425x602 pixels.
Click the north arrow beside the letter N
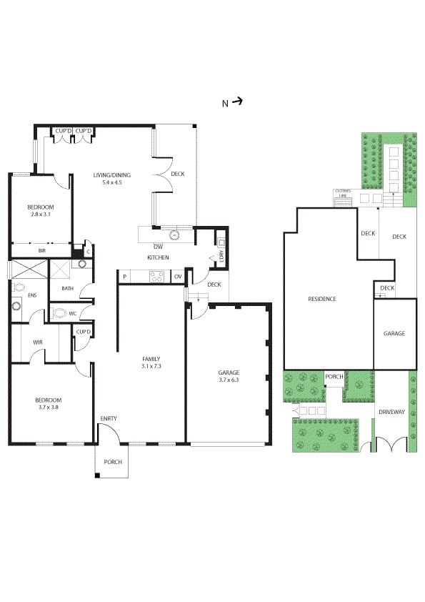(237, 102)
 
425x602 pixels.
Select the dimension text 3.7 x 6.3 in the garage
(229, 380)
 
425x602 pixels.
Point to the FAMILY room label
(150, 359)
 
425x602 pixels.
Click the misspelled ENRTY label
(109, 418)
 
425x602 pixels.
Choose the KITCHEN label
(158, 257)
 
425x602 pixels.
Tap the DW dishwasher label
(157, 247)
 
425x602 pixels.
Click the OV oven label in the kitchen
(177, 277)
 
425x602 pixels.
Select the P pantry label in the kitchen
(124, 277)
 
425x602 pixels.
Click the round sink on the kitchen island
(173, 234)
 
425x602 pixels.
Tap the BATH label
(67, 289)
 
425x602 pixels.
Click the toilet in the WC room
(60, 312)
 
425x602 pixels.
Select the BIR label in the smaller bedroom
(42, 251)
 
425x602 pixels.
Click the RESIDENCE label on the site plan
(321, 299)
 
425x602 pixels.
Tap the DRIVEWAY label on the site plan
(391, 412)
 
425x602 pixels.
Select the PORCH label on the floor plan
(113, 462)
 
